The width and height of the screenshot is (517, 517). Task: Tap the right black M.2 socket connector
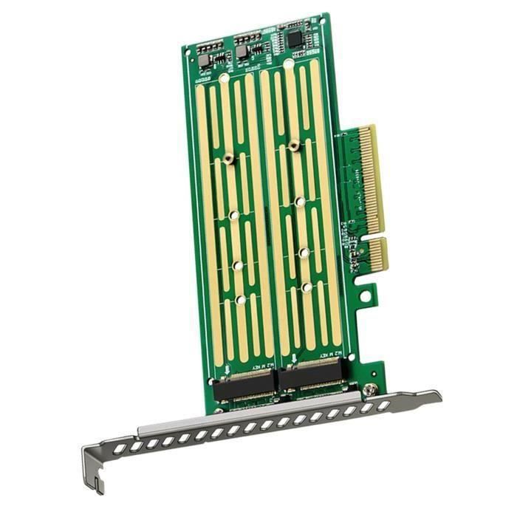tap(310, 376)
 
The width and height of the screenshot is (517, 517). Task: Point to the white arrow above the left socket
tap(227, 367)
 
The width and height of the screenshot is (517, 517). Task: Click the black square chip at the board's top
tap(296, 38)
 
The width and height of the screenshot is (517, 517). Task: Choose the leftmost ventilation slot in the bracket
tap(118, 448)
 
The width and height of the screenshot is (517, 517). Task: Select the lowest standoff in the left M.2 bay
tap(241, 300)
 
